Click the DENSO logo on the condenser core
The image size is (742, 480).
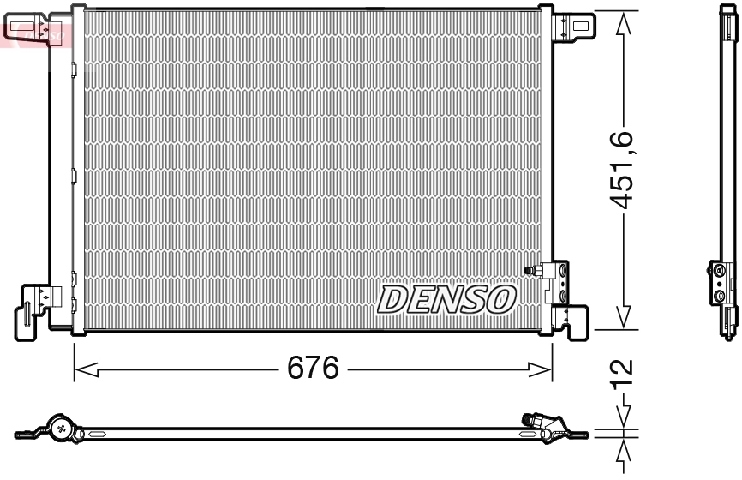pyautogui.click(x=446, y=298)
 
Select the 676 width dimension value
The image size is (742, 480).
pyautogui.click(x=314, y=369)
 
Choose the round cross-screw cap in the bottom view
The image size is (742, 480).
pyautogui.click(x=62, y=426)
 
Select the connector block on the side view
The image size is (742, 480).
pyautogui.click(x=721, y=283)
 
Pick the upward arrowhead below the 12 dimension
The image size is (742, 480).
pyautogui.click(x=626, y=451)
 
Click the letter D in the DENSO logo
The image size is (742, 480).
pyautogui.click(x=392, y=299)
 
